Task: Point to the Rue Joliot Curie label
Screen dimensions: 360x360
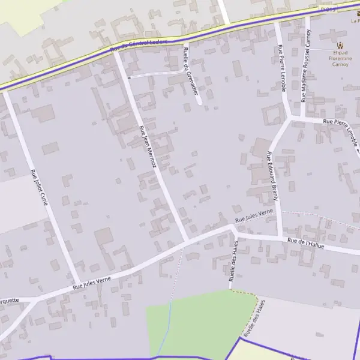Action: click(39, 187)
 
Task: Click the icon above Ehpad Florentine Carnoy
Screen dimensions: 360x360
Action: click(341, 46)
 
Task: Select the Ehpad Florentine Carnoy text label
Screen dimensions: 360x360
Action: click(341, 59)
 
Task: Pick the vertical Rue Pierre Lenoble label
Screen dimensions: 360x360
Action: click(281, 67)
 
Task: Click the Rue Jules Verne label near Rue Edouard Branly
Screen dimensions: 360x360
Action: click(254, 216)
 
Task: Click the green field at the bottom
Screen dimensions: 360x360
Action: click(192, 324)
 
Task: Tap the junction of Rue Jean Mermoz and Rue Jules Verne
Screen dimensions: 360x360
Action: click(187, 242)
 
